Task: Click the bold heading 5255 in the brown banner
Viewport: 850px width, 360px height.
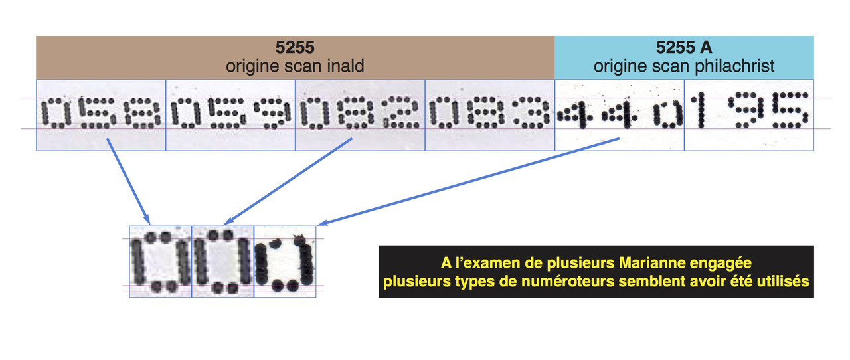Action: tap(296, 48)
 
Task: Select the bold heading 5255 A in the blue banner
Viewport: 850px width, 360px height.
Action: tap(684, 48)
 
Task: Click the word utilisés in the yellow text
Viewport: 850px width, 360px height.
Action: tap(784, 281)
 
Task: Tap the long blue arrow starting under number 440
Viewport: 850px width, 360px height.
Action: tap(465, 179)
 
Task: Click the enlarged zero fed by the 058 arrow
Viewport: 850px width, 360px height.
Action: tap(160, 262)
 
